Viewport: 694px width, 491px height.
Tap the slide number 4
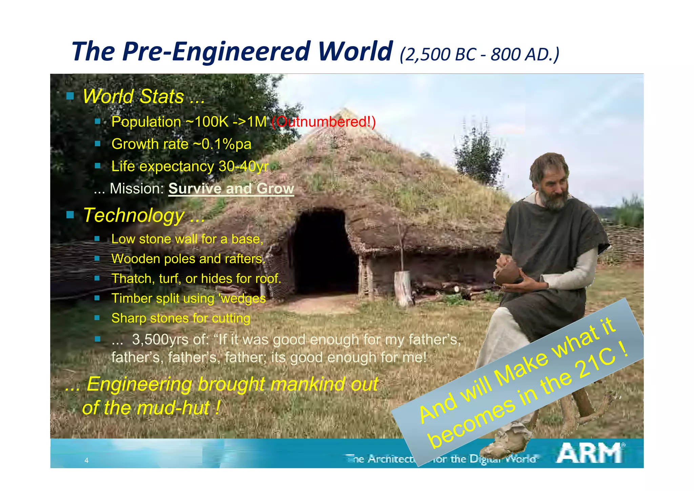coord(86,460)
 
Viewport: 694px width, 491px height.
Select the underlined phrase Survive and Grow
coord(231,189)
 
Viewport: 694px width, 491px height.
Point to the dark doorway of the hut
coord(322,251)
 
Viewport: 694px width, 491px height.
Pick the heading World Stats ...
coord(144,96)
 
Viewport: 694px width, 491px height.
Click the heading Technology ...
coord(144,215)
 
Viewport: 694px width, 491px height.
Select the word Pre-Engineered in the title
coord(217,52)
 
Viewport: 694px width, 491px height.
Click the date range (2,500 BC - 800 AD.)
coord(479,54)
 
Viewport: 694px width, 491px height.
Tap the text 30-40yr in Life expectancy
coord(243,166)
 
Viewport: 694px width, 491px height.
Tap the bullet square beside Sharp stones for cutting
coord(97,318)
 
